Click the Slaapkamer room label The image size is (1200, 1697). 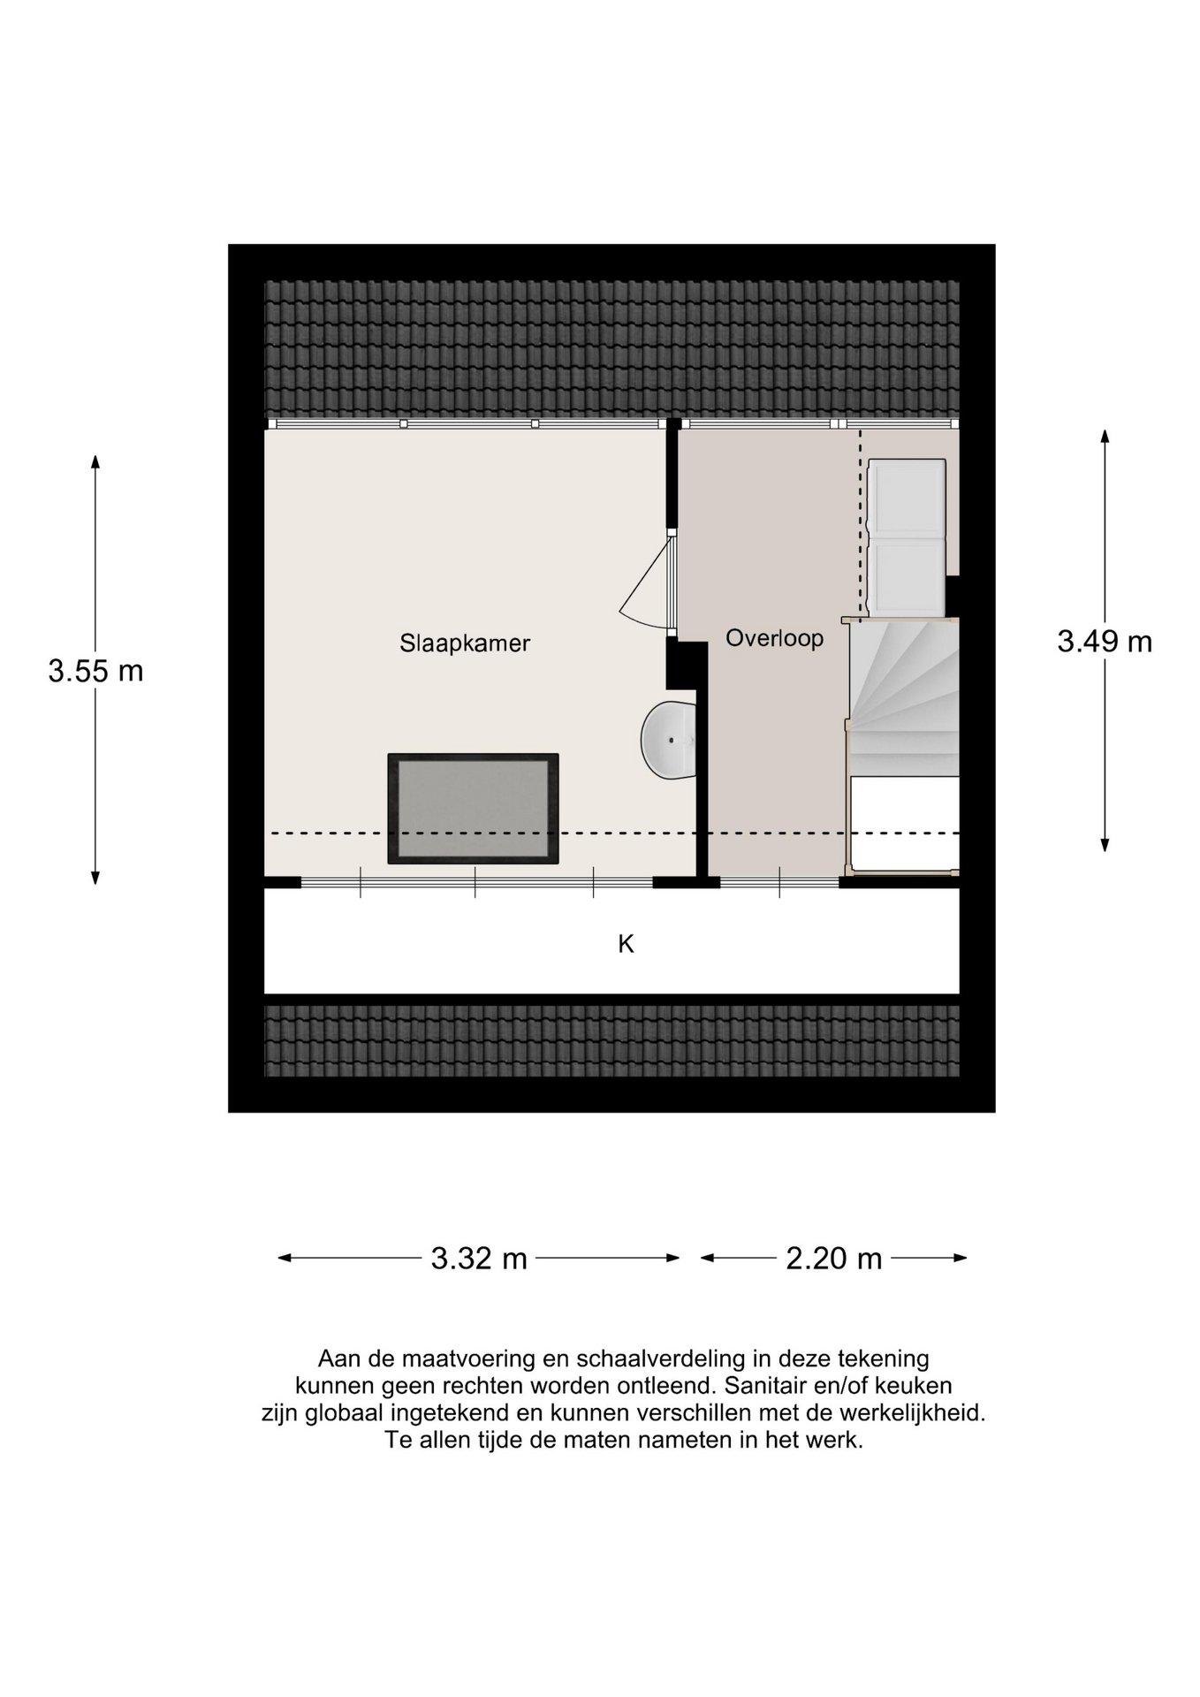(x=465, y=643)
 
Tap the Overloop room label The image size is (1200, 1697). (x=774, y=638)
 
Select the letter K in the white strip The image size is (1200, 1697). (x=626, y=945)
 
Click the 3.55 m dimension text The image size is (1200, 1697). (x=95, y=672)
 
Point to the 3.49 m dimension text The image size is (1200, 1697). (x=1105, y=642)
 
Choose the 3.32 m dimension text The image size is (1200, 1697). (x=479, y=1259)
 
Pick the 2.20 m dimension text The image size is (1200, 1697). (x=834, y=1259)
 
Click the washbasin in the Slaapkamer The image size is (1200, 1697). (x=669, y=740)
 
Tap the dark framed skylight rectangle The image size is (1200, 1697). (x=473, y=809)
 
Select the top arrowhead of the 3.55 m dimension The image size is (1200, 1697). (x=95, y=460)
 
